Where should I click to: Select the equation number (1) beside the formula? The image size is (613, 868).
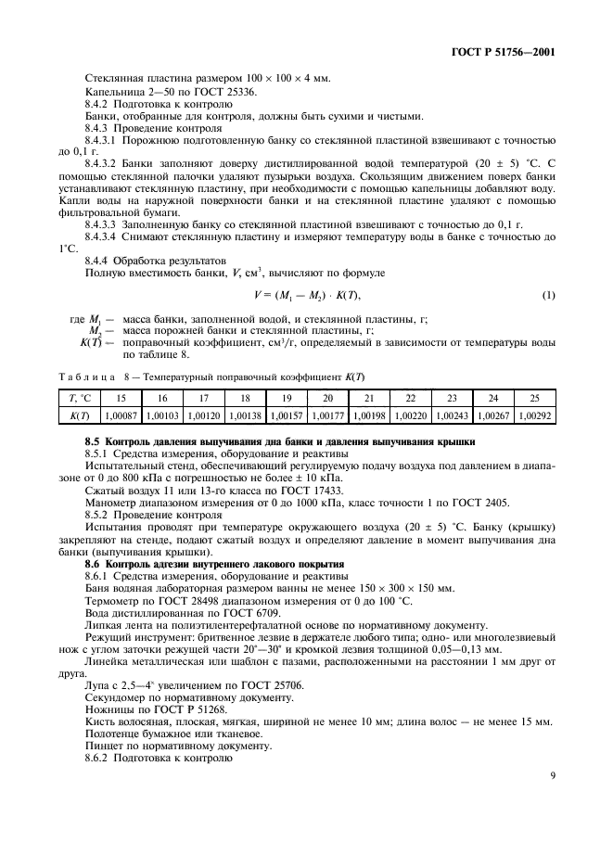548,295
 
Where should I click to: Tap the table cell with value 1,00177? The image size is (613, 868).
326,416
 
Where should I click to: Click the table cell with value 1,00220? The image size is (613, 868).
409,416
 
